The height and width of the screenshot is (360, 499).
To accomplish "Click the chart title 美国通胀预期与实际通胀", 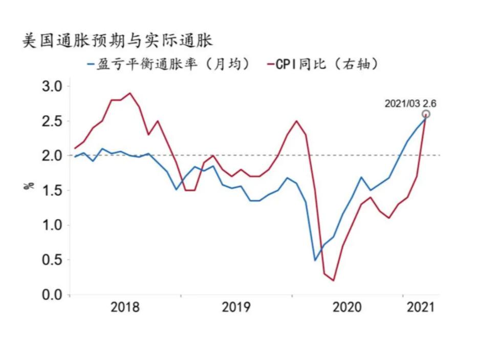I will click(117, 40).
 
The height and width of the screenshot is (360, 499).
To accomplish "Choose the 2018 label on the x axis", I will click(125, 307).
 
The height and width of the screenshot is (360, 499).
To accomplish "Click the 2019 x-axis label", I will click(236, 307).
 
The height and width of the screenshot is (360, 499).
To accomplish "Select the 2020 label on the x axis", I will click(347, 307).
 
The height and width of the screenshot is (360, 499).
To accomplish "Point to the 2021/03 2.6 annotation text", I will click(410, 103).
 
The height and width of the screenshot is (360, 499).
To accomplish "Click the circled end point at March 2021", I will click(426, 114).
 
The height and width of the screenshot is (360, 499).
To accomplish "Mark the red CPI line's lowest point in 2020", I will click(333, 281).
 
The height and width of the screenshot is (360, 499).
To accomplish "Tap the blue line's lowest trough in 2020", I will click(315, 260).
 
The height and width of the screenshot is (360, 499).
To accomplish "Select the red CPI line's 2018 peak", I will click(130, 93).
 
